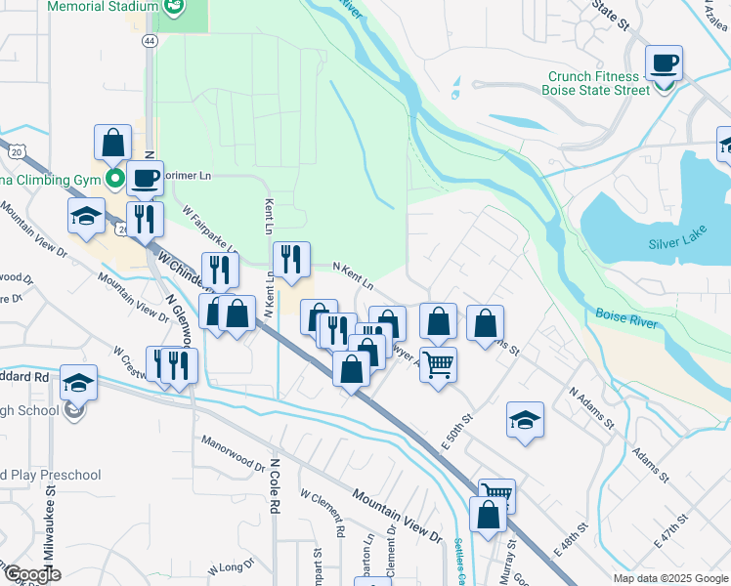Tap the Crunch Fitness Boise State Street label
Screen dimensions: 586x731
pyautogui.click(x=598, y=83)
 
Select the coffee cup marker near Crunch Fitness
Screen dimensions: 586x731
pyautogui.click(x=664, y=64)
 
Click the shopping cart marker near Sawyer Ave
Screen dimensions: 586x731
pyautogui.click(x=439, y=365)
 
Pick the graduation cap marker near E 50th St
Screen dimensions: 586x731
pyautogui.click(x=526, y=421)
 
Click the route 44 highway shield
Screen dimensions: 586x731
pyautogui.click(x=148, y=41)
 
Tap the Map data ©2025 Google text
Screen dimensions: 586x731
pyautogui.click(x=669, y=578)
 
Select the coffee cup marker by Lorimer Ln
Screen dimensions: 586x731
pyautogui.click(x=146, y=179)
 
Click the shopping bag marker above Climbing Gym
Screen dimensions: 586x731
pyautogui.click(x=113, y=143)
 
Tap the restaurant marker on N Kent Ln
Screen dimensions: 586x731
pyautogui.click(x=291, y=260)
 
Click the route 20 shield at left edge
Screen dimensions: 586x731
pyautogui.click(x=15, y=150)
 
